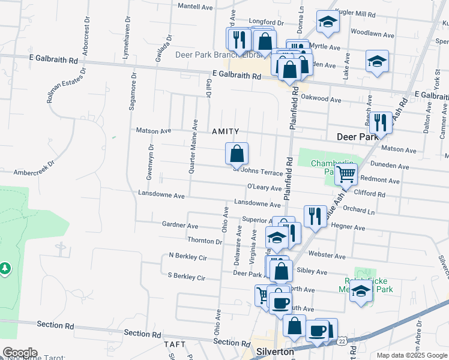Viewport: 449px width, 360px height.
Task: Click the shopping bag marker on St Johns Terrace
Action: point(237,153)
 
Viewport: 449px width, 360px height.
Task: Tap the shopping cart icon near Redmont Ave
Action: point(346,174)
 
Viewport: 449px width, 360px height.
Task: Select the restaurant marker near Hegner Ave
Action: point(315,215)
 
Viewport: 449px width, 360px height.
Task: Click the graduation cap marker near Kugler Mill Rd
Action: point(328,22)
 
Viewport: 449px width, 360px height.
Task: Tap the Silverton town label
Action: point(275,352)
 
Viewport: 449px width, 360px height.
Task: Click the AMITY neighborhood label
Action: point(226,131)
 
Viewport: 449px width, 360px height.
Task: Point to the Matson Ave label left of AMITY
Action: point(154,130)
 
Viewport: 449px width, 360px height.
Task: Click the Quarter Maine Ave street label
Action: point(193,146)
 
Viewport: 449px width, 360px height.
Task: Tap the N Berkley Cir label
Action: point(188,257)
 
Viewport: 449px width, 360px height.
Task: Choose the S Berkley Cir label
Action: point(187,277)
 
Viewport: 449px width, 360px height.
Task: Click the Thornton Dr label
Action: point(205,241)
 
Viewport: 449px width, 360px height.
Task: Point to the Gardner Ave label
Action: point(180,225)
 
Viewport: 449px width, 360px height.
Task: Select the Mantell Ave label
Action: point(196,7)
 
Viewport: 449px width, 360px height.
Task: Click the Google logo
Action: point(19,353)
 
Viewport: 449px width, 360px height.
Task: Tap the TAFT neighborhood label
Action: point(175,345)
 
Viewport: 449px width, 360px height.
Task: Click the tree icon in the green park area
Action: point(5,268)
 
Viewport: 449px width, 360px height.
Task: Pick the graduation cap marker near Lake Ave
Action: point(377,61)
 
